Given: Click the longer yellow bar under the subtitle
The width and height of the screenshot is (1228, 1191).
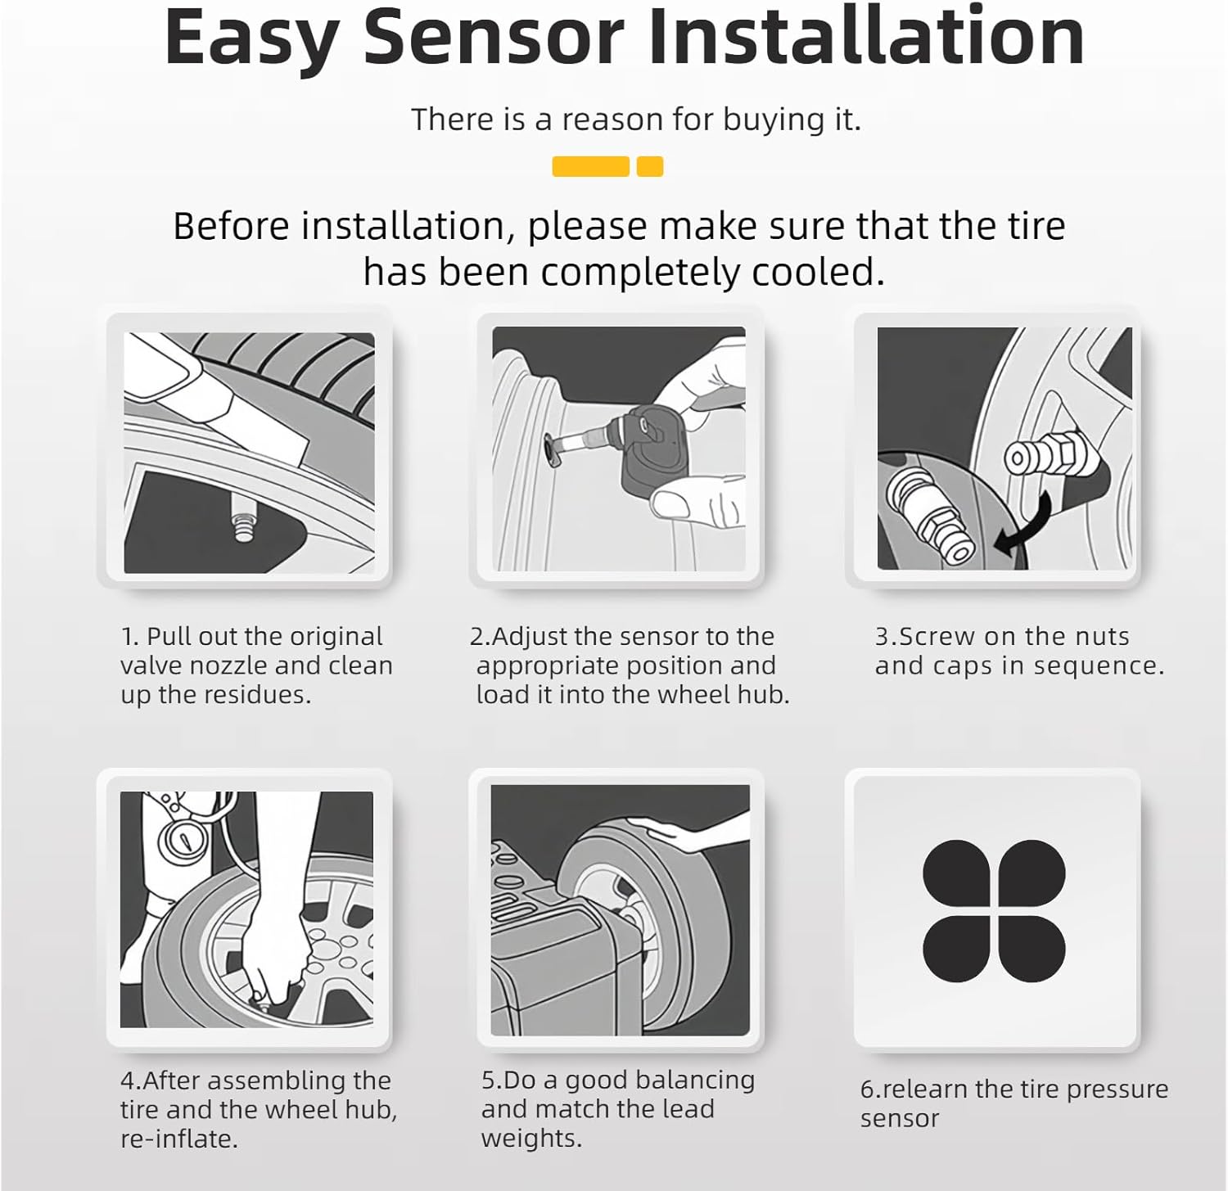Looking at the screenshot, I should point(590,167).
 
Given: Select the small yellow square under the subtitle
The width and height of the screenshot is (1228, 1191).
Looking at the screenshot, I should point(650,167).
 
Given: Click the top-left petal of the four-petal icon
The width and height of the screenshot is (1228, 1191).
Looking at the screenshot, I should point(956,873).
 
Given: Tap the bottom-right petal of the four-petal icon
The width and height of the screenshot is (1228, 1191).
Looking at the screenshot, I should point(1032,950).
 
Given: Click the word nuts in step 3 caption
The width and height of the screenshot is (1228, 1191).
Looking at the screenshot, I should point(1102,637).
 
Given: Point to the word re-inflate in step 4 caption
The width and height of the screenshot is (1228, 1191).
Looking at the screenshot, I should point(178,1139).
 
